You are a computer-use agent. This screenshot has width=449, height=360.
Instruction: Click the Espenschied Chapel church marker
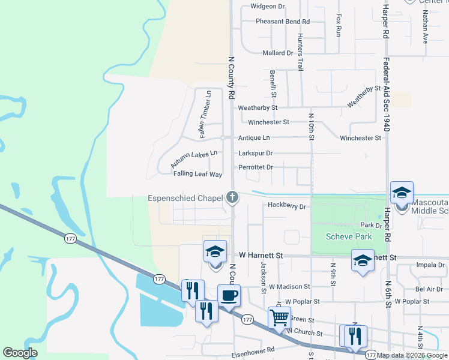pos(232,197)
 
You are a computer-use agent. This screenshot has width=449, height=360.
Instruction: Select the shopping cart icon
pos(279,317)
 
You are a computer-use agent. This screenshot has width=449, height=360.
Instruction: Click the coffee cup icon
pos(229,295)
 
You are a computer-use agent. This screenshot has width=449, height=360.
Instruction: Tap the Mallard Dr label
pos(277,53)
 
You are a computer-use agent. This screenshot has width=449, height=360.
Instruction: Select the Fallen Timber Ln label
pos(205,112)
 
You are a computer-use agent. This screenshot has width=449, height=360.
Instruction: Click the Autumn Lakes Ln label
pos(193,158)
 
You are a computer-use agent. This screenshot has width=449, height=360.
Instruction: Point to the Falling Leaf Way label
pos(197,175)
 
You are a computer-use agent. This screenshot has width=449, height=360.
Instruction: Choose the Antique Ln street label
pos(254,138)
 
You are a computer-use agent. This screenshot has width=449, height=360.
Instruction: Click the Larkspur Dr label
pos(256,153)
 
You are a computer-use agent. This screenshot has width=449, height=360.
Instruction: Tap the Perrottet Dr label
pos(256,167)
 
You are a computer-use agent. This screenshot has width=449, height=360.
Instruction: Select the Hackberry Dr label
pos(287,206)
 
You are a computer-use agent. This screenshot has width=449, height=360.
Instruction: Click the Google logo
pos(20,353)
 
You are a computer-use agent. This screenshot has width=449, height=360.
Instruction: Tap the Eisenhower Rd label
pos(253,350)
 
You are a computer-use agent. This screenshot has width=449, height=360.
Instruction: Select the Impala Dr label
pos(430,265)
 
